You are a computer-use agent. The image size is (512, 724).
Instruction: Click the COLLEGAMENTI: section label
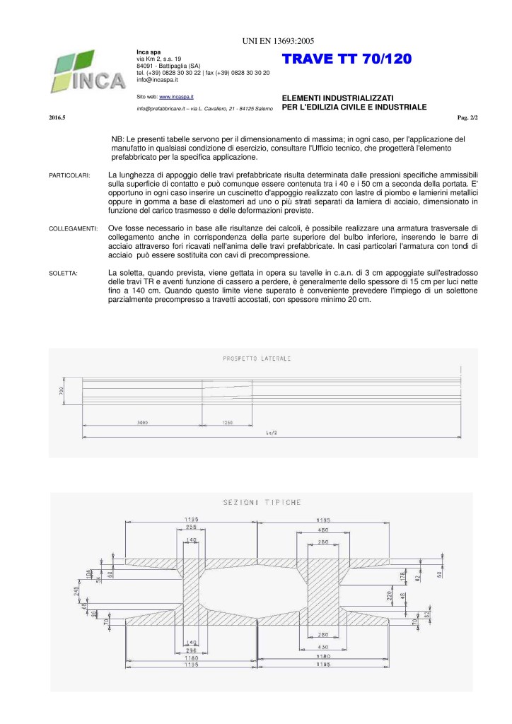pyautogui.click(x=72, y=229)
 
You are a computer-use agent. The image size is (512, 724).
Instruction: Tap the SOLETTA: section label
pyautogui.click(x=63, y=273)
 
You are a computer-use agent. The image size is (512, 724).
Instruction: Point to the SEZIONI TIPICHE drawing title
pyautogui.click(x=262, y=503)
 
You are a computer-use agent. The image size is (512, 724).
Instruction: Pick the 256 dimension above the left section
pyautogui.click(x=191, y=527)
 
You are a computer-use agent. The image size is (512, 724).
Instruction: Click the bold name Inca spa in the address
pyautogui.click(x=148, y=52)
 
